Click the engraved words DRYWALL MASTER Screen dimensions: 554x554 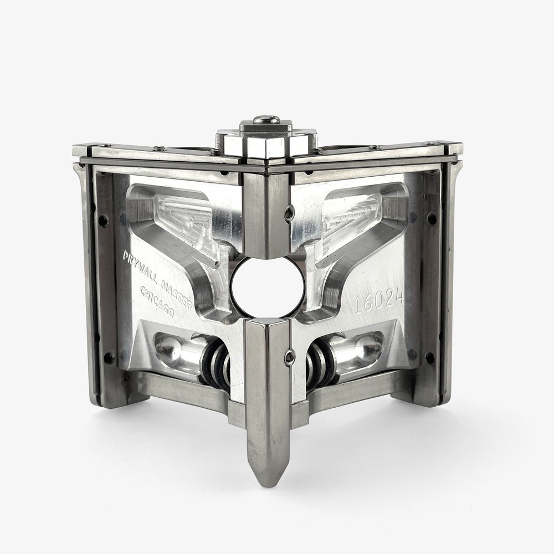coord(156,280)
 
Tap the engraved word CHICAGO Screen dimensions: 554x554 coord(157,302)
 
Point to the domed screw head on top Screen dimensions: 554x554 coord(266,119)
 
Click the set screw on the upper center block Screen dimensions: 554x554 coord(289,213)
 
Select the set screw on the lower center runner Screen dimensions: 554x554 coord(289,358)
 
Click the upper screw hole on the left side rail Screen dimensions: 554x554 coord(102,220)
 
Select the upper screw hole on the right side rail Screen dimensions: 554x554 coord(432,218)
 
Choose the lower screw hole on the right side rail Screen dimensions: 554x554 coord(429,358)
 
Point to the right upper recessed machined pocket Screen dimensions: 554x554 coord(357,216)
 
